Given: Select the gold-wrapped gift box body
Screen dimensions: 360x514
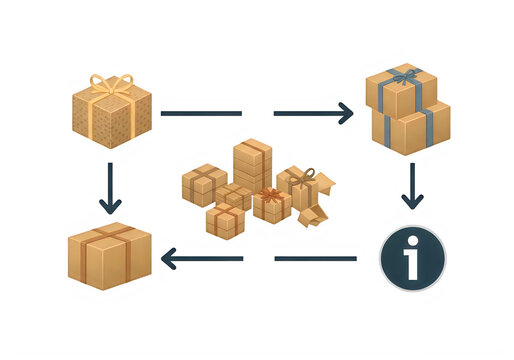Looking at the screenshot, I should [x=111, y=122].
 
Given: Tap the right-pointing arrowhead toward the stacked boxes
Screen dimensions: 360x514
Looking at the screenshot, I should [x=345, y=113].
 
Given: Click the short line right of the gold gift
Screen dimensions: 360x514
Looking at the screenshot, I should [x=200, y=113].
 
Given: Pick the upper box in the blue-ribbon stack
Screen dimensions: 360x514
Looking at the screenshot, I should [x=400, y=89].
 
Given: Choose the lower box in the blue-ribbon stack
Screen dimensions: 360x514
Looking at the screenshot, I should [x=411, y=128].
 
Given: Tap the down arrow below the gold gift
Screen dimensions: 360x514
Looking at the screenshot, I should [x=108, y=194].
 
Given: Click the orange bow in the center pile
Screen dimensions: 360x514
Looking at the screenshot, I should [x=272, y=194].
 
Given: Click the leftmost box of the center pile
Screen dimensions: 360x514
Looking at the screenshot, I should [x=200, y=183].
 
